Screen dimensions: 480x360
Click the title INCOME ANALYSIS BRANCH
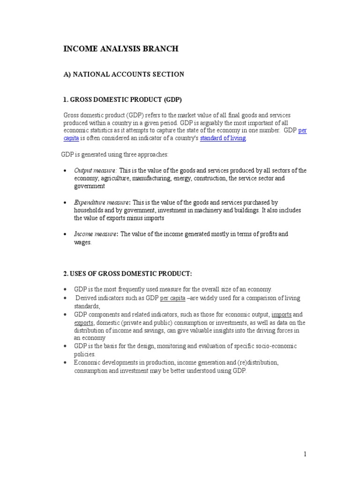[x=120, y=49]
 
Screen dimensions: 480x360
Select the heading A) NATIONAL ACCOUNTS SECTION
[x=124, y=74]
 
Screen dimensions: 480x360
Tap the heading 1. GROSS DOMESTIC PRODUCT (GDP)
[x=122, y=100]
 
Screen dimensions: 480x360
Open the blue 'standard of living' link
[x=223, y=138]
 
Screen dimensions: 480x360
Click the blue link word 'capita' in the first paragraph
[x=71, y=138]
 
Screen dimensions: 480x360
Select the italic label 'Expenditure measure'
[x=102, y=202]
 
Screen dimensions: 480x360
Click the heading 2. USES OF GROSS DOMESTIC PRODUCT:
[x=127, y=274]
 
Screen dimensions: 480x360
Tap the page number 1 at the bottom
[x=305, y=454]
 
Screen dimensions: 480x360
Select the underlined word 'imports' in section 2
[x=281, y=315]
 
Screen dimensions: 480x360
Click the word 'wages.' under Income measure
[x=83, y=242]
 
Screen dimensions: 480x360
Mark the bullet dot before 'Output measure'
[x=65, y=171]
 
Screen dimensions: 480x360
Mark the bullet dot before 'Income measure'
[x=65, y=234]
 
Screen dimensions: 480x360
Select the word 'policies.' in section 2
[x=85, y=354]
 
